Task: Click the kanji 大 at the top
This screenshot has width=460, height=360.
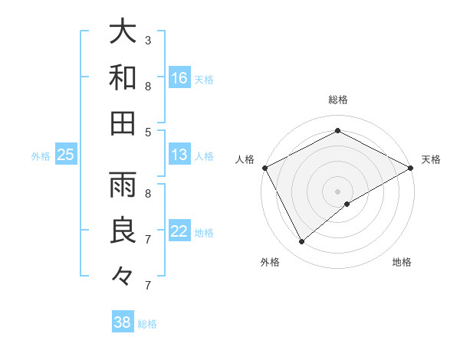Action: [123, 32]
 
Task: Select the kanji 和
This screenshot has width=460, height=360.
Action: [123, 77]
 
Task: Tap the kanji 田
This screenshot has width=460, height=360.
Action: [123, 123]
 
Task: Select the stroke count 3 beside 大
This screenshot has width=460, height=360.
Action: [147, 40]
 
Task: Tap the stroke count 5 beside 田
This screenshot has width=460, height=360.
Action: [147, 132]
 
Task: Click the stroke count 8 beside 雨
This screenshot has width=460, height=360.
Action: [147, 194]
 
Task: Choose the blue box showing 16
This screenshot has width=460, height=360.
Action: [179, 78]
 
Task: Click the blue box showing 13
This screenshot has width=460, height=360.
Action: [179, 155]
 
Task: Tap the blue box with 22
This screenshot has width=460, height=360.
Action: [179, 231]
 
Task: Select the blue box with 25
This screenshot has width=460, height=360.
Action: [66, 155]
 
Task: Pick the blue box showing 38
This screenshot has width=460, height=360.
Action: [123, 322]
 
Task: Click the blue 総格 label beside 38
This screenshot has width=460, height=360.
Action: [147, 324]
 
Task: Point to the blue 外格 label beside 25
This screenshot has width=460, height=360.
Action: [41, 156]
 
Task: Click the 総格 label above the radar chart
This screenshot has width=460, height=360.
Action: [337, 100]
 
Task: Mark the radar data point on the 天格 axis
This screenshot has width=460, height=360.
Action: [412, 169]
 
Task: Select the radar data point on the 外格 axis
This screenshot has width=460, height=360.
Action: [302, 241]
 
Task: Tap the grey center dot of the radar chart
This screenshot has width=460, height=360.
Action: [337, 191]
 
